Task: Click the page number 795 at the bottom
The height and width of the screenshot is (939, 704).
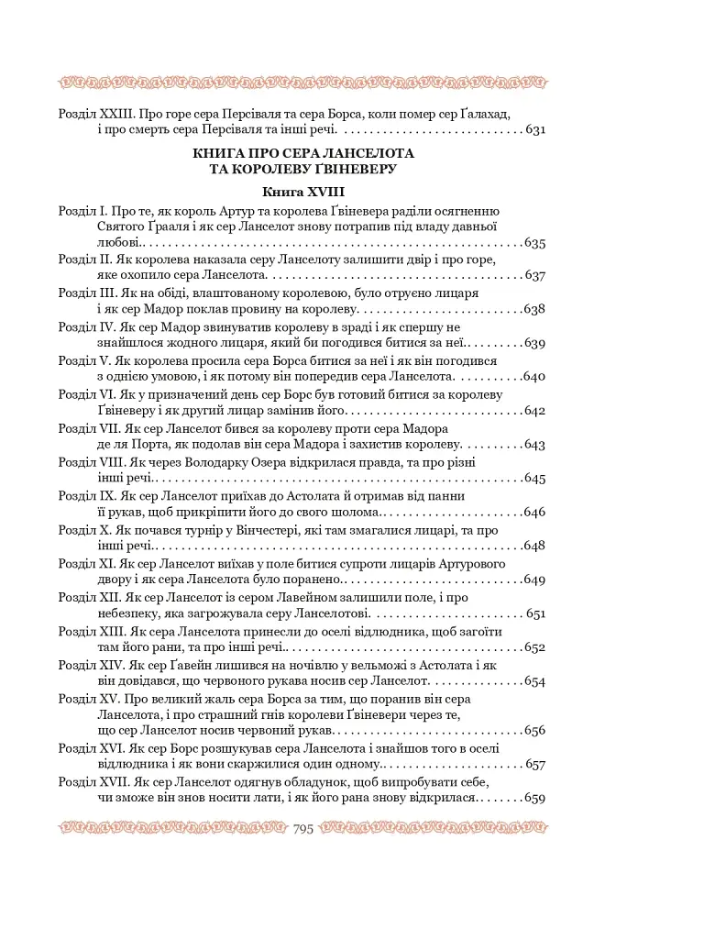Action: pyautogui.click(x=302, y=829)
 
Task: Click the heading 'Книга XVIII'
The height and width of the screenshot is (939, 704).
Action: pyautogui.click(x=302, y=193)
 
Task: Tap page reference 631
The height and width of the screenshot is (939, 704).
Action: pyautogui.click(x=535, y=130)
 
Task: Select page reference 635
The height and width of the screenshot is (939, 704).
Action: pyautogui.click(x=535, y=244)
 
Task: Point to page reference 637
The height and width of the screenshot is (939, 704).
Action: pyautogui.click(x=535, y=276)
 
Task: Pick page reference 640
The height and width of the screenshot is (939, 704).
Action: pyautogui.click(x=535, y=377)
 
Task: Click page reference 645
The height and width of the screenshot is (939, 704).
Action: pyautogui.click(x=535, y=479)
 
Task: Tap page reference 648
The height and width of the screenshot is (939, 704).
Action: pyautogui.click(x=535, y=547)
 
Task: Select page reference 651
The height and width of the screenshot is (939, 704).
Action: pyautogui.click(x=535, y=613)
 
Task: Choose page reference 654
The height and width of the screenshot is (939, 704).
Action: pyautogui.click(x=535, y=681)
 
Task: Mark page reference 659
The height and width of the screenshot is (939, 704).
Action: pyautogui.click(x=535, y=799)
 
